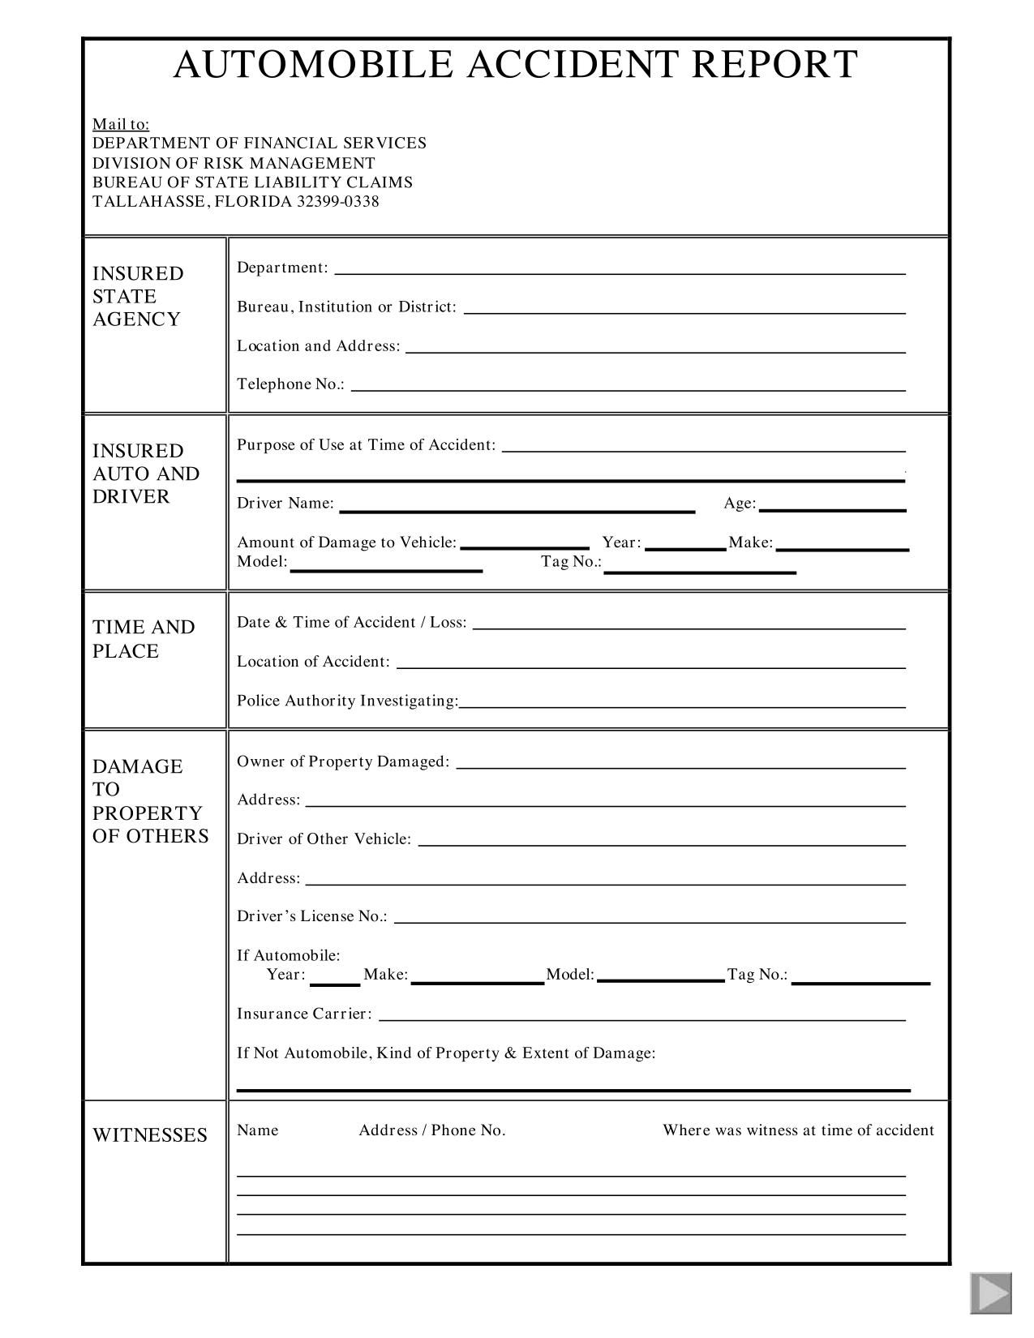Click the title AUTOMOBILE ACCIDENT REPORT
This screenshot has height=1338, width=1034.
[x=516, y=65]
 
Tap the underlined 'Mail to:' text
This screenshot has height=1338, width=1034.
[x=121, y=124]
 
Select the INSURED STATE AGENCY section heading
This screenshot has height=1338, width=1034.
[x=138, y=296]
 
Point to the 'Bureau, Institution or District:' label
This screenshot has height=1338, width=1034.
[x=346, y=307]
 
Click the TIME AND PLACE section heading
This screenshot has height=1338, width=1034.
[x=144, y=639]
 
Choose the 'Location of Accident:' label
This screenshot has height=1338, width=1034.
[x=313, y=662]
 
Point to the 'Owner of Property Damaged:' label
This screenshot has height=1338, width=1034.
[x=343, y=761]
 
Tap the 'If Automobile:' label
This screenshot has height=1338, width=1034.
[x=289, y=955]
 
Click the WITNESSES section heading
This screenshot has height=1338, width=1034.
[x=150, y=1135]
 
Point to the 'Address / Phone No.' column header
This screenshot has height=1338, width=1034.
[x=432, y=1130]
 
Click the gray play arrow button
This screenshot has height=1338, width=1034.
[x=991, y=1293]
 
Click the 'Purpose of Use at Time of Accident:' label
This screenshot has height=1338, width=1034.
[x=366, y=444]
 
